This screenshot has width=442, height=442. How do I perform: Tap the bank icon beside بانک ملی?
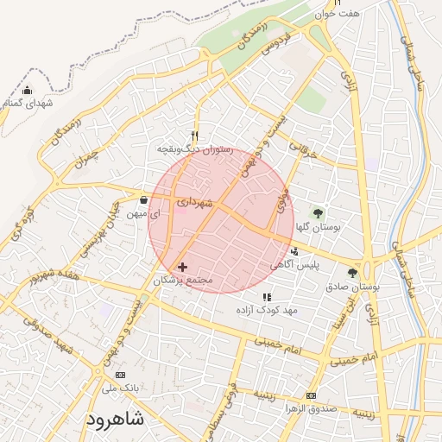(x=120, y=375)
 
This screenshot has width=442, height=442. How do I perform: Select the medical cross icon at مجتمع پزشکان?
(x=181, y=267)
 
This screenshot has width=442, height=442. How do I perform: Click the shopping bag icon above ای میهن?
(x=142, y=200)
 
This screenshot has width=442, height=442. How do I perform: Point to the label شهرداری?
(x=194, y=202)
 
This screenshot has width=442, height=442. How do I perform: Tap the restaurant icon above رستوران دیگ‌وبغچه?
(x=195, y=136)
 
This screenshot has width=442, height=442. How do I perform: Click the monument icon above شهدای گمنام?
(x=28, y=91)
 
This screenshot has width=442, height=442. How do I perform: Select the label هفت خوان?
(x=336, y=14)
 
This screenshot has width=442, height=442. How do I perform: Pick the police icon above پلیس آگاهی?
(x=295, y=251)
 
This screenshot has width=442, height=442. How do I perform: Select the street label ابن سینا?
(x=350, y=304)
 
